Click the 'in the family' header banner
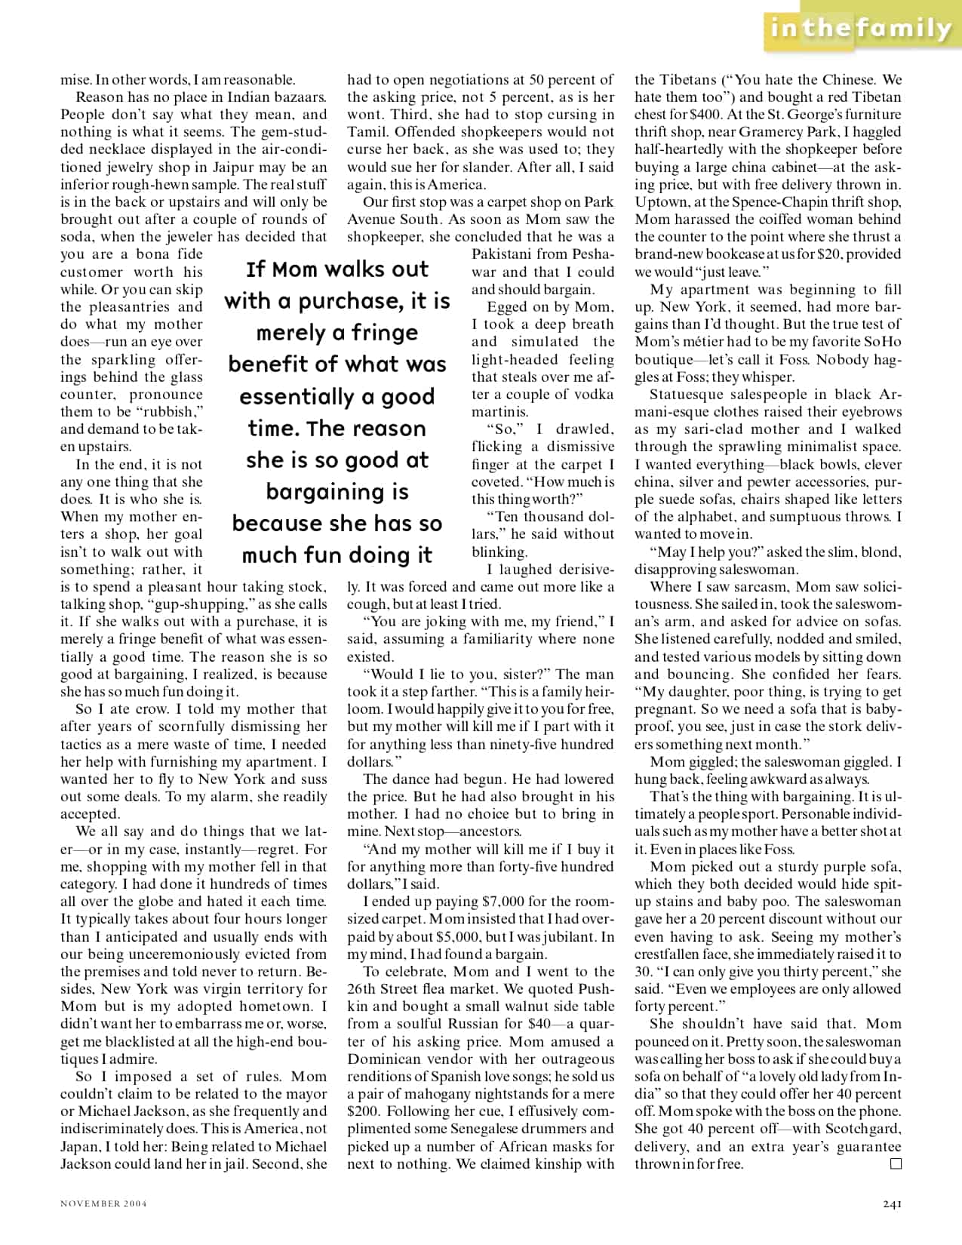pos(861,29)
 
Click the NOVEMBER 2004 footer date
pos(103,1203)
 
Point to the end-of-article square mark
pos(896,1164)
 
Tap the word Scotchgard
pos(863,1129)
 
